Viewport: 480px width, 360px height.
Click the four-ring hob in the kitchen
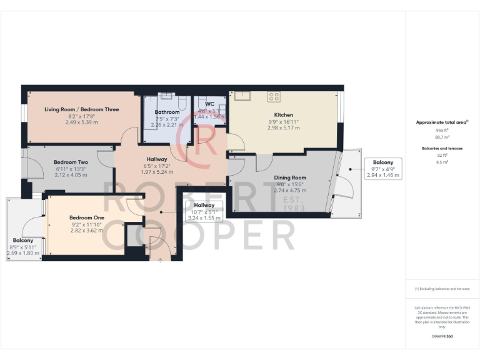tap(274, 97)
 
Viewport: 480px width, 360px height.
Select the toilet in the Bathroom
tap(181, 103)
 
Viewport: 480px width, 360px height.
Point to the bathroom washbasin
tap(166, 96)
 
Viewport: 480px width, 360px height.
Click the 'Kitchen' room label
tap(283, 115)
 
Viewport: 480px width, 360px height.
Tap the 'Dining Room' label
tap(290, 177)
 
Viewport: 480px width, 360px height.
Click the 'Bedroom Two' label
tap(71, 162)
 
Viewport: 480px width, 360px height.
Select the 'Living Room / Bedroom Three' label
tap(81, 109)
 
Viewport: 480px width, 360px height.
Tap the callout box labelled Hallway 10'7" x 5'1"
tap(204, 211)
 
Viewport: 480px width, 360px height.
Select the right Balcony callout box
tap(384, 169)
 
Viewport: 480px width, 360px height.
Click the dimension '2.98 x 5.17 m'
tap(283, 127)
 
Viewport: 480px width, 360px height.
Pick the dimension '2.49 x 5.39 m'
tap(81, 122)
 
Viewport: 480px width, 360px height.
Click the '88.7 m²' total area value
tap(442, 136)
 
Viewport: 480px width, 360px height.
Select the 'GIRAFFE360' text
tap(442, 336)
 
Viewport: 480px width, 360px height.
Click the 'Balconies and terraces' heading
tap(442, 149)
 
